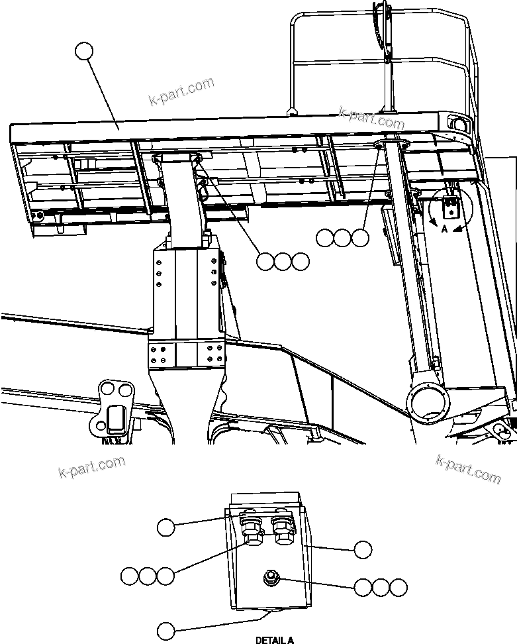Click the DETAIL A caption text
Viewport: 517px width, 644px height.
click(x=275, y=640)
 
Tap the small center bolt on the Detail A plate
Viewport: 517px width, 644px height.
click(x=271, y=578)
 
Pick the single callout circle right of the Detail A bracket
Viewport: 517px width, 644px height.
click(x=363, y=549)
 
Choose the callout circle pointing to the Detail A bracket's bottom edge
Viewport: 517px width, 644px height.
click(x=165, y=629)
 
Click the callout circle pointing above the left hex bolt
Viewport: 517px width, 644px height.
click(x=165, y=527)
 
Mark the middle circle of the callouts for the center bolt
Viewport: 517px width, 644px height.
click(x=380, y=587)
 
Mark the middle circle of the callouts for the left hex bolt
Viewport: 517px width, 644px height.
click(x=148, y=576)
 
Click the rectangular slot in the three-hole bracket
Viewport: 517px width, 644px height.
click(x=117, y=419)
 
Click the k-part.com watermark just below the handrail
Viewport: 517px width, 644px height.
click(x=371, y=119)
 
